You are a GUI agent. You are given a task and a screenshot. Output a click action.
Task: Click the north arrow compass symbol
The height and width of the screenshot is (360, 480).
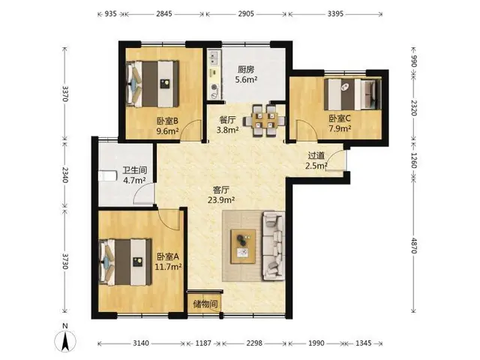pyautogui.click(x=65, y=338)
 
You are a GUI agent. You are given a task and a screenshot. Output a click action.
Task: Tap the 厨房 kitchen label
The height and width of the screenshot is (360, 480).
pyautogui.click(x=246, y=70)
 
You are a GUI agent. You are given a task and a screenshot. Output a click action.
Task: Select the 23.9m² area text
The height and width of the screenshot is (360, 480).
pyautogui.click(x=221, y=200)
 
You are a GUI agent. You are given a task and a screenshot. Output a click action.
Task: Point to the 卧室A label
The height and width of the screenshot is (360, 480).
pyautogui.click(x=168, y=256)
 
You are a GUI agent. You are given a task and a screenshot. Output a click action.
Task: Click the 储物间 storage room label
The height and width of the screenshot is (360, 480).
pyautogui.click(x=205, y=304)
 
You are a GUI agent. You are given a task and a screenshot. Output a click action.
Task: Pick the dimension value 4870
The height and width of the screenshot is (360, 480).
pyautogui.click(x=413, y=245)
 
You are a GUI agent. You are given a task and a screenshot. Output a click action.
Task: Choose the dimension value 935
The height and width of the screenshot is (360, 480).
pyautogui.click(x=110, y=13)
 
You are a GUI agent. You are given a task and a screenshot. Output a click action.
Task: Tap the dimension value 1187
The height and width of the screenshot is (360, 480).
pyautogui.click(x=203, y=343)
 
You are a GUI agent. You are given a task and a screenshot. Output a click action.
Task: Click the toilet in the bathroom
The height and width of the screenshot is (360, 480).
pyautogui.click(x=108, y=176)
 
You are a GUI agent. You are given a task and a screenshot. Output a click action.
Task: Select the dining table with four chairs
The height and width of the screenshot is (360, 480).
pyautogui.click(x=265, y=120)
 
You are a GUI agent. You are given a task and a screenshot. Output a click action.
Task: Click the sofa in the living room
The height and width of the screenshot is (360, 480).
pyautogui.click(x=273, y=246)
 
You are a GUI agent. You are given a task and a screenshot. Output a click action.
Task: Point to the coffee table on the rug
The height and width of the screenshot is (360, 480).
pyautogui.click(x=243, y=246)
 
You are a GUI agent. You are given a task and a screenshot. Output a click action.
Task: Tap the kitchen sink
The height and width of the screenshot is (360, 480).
pyautogui.click(x=214, y=58)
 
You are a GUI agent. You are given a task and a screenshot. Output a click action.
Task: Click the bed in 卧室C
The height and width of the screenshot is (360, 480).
pyautogui.click(x=352, y=94)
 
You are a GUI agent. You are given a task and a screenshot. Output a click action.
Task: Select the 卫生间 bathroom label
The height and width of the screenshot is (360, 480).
pyautogui.click(x=135, y=170)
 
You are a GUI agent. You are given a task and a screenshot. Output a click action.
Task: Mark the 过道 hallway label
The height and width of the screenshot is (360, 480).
pyautogui.click(x=316, y=155)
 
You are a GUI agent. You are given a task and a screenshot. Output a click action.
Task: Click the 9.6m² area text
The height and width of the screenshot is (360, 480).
pyautogui.click(x=167, y=131)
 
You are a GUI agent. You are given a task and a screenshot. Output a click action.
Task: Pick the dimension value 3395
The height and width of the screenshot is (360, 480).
pyautogui.click(x=335, y=13)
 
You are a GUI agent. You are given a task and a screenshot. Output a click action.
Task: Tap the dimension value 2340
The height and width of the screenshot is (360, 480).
pyautogui.click(x=64, y=175)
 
